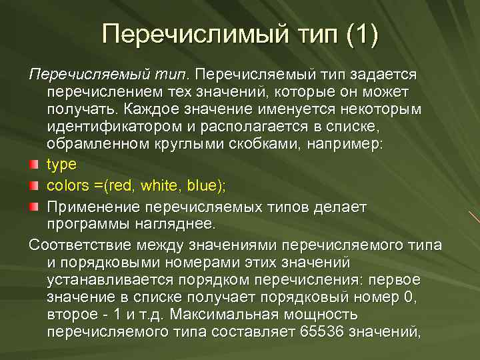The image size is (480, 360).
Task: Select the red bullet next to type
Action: pos(35,165)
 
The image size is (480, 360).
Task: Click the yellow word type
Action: pos(62,164)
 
